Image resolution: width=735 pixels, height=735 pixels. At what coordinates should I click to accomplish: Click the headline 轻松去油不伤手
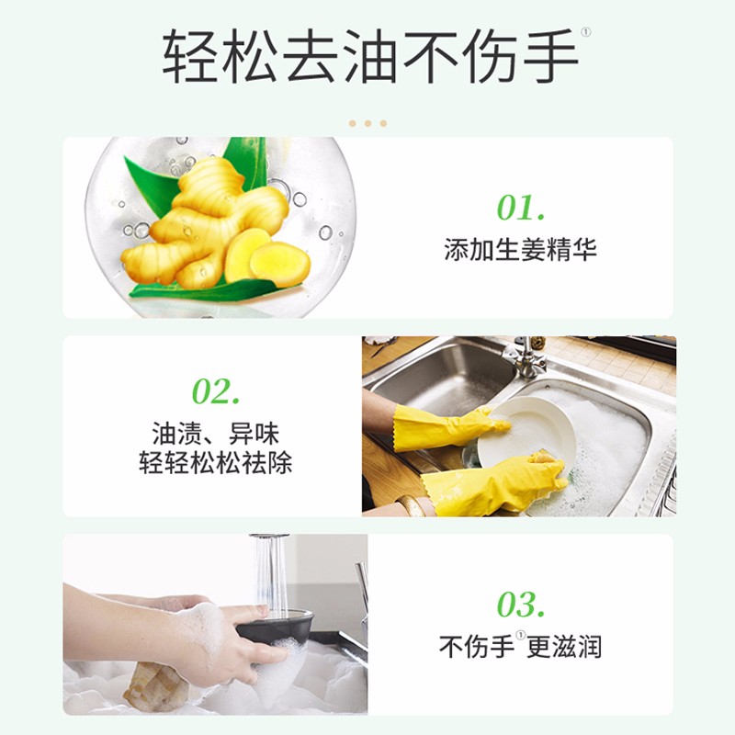(x=370, y=57)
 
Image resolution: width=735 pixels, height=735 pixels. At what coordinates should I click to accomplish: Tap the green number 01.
(x=521, y=208)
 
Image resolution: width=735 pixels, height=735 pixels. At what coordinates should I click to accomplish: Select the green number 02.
(x=216, y=391)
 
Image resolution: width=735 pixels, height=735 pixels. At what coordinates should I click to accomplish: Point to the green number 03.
(x=521, y=605)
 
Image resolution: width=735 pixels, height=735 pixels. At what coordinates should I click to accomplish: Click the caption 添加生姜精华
(x=520, y=249)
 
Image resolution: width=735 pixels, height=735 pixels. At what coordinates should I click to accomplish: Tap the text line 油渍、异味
(x=216, y=433)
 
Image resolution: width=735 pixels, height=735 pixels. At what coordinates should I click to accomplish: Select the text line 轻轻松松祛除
(x=216, y=463)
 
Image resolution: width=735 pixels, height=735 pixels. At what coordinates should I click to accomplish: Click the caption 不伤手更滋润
(x=520, y=647)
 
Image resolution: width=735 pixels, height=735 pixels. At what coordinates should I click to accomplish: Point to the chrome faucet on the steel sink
(x=527, y=357)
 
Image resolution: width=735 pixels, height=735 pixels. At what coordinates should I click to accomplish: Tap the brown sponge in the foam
(x=154, y=685)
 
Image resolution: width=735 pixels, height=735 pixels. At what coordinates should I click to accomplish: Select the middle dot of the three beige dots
(x=368, y=123)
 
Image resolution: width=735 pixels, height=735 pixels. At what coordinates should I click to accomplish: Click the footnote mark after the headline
(x=586, y=32)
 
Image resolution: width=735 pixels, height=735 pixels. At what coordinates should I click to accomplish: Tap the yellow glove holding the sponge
(x=497, y=483)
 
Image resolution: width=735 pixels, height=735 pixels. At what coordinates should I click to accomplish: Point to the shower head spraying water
(x=268, y=539)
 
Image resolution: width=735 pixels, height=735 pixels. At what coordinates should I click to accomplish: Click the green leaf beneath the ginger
(x=206, y=290)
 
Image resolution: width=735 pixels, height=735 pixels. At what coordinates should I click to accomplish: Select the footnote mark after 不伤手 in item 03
(x=520, y=635)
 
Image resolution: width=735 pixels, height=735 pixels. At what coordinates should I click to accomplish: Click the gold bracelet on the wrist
(x=413, y=505)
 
